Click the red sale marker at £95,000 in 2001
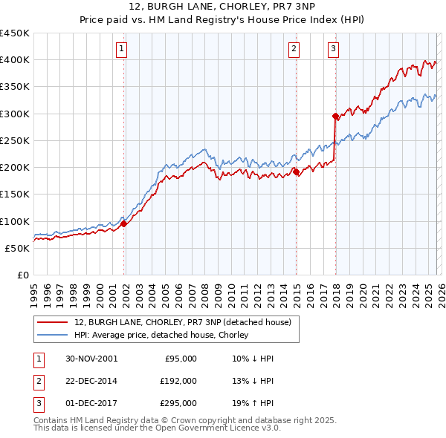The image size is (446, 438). pos(124,223)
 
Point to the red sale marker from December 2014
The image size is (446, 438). pos(297,171)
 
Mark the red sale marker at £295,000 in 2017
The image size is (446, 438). pos(335,116)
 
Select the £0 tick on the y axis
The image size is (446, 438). pos(23,275)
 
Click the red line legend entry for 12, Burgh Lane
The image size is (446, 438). pos(186,322)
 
